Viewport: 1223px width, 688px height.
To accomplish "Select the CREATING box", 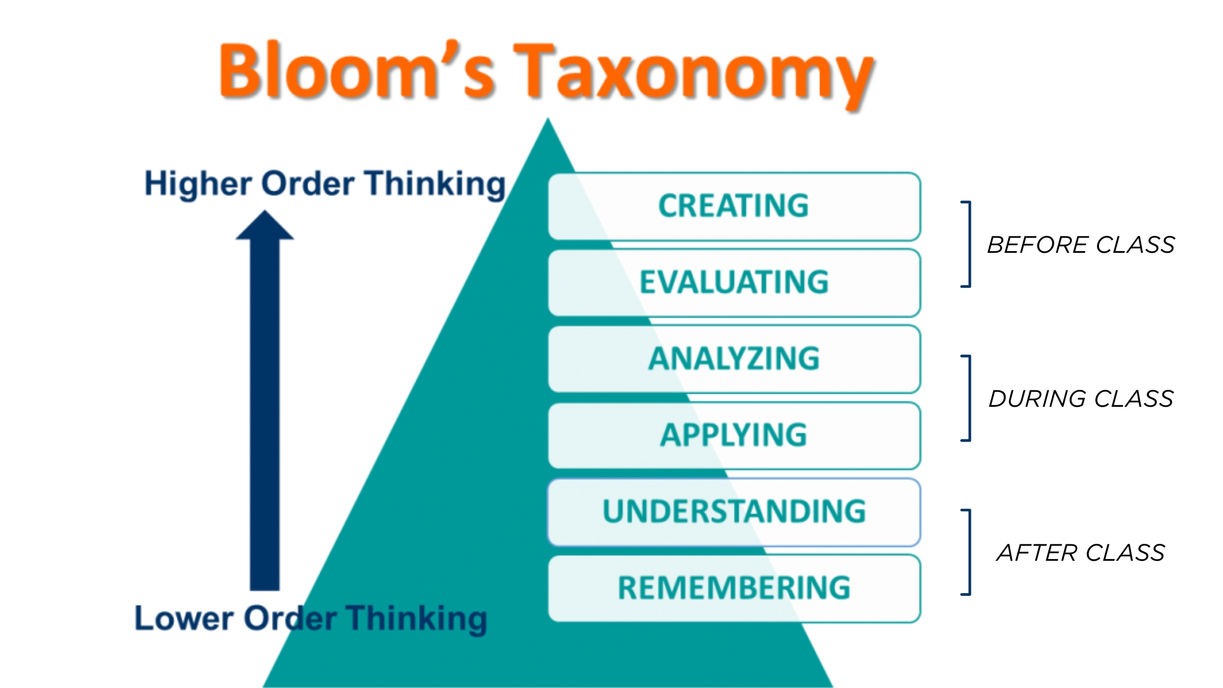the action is tap(734, 206).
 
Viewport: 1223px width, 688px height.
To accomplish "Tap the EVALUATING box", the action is tap(734, 283).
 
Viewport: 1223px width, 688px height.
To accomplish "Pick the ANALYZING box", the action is tap(734, 359).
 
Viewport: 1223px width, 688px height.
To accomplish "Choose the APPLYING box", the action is tap(734, 436).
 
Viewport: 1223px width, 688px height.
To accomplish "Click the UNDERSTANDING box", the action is tap(734, 512).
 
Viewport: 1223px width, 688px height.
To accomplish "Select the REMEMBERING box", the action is tap(734, 589).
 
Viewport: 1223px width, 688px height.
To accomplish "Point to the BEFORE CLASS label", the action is tap(1081, 245).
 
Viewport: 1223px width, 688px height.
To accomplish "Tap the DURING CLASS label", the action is tap(1081, 399).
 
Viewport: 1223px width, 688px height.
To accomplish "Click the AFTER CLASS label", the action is tap(1081, 553).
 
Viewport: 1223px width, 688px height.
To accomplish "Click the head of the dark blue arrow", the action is tap(265, 226).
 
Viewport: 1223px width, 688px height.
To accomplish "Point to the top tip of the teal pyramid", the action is tap(548, 118).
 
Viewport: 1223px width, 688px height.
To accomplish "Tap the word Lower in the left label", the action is tap(184, 618).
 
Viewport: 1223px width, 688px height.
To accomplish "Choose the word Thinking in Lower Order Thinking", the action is tap(417, 619).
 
